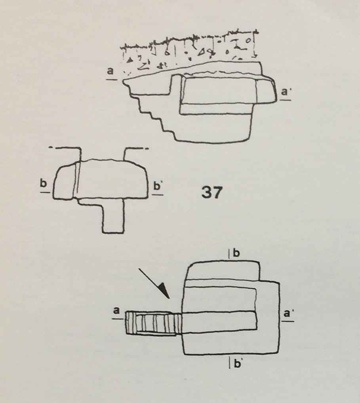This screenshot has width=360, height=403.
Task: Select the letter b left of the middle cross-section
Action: (x=44, y=184)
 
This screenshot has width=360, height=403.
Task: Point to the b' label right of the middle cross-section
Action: (x=158, y=186)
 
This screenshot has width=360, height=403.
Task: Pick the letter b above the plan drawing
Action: (x=237, y=253)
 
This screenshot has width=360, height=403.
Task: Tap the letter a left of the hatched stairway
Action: (x=116, y=310)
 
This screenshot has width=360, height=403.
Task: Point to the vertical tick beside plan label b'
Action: (x=230, y=363)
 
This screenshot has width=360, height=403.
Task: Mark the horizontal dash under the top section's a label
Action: (x=112, y=79)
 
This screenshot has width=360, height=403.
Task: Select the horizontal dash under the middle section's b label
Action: (x=45, y=192)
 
